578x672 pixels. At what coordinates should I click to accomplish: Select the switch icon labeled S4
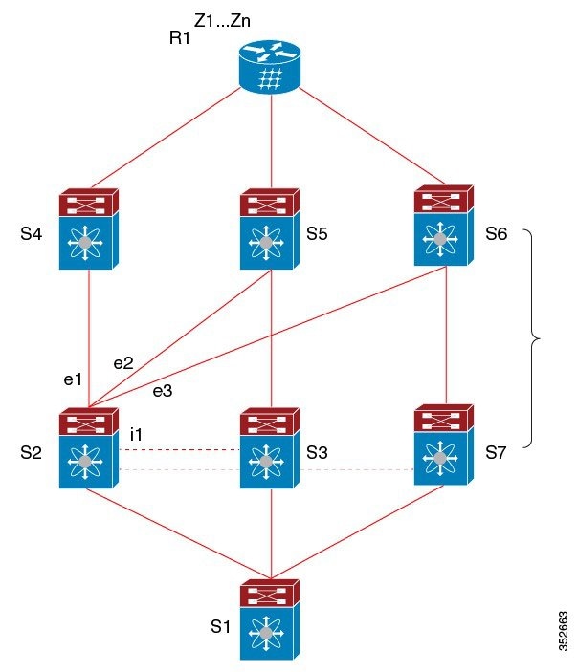coord(88,229)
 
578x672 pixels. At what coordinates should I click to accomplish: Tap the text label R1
coord(179,39)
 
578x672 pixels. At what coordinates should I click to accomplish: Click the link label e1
coord(74,379)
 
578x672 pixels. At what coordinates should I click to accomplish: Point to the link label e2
coord(124,363)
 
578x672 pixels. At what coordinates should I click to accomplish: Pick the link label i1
coord(136,435)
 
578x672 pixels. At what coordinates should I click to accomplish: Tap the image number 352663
coord(562,626)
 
